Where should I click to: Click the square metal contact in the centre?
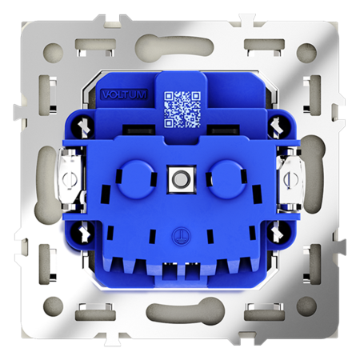coord(180,176)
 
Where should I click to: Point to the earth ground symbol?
coord(180,236)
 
